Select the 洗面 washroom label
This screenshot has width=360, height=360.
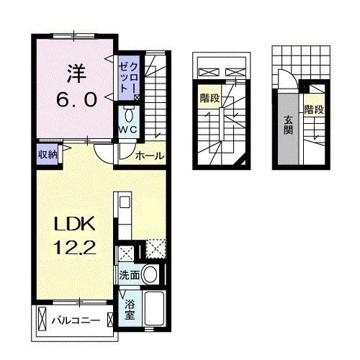pyautogui.click(x=130, y=274)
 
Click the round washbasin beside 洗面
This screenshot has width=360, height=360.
pyautogui.click(x=151, y=274)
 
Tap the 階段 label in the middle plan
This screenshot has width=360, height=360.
pyautogui.click(x=209, y=100)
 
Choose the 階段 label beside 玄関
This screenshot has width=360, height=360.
pyautogui.click(x=313, y=110)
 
